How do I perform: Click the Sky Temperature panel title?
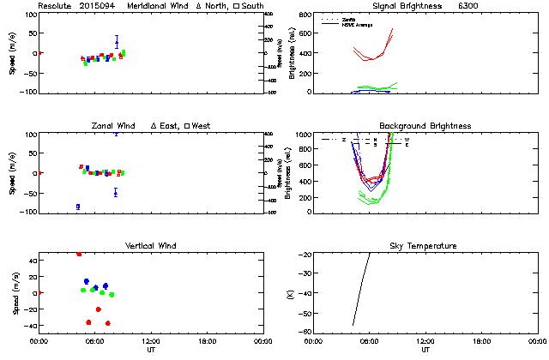(x=425, y=246)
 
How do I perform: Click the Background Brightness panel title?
(x=425, y=126)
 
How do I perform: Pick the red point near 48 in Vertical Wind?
(x=79, y=254)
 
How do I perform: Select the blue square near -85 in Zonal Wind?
(x=77, y=207)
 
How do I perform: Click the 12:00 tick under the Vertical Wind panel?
(x=151, y=341)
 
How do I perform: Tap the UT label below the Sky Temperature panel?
(x=425, y=351)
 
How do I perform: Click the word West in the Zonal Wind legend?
(x=202, y=126)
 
